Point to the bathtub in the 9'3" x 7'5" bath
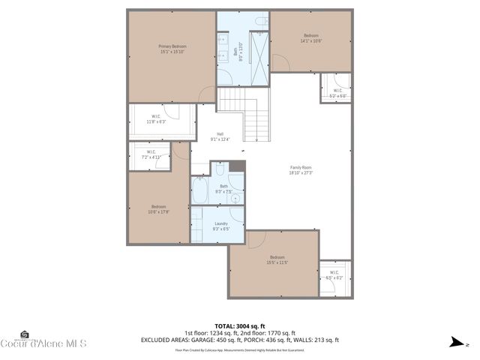(200, 190)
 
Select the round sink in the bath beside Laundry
(235, 198)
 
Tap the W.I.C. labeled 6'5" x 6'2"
(334, 275)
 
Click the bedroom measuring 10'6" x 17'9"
(158, 208)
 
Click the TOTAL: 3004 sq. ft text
(239, 325)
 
